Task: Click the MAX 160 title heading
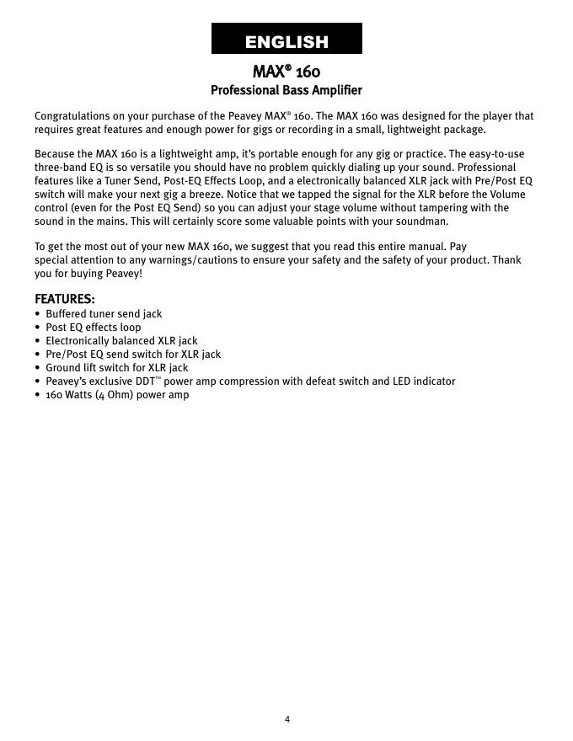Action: pos(286,71)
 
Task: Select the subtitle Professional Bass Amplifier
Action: pos(286,89)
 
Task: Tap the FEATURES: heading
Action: pos(64,299)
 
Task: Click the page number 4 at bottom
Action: pos(286,719)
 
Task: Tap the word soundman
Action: pos(424,221)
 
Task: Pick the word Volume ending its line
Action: pos(507,195)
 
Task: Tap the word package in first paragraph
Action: pos(464,130)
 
